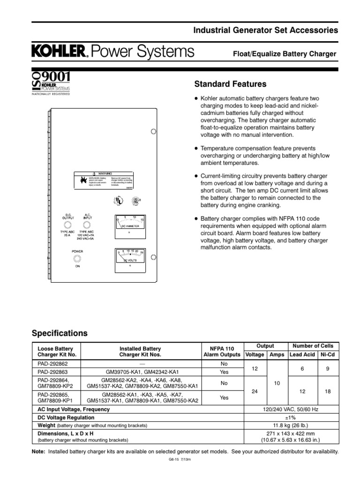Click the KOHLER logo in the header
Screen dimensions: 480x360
point(59,52)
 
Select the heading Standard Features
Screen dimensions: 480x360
point(230,84)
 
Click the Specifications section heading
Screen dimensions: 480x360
point(60,334)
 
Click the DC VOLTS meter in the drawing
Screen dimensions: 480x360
point(130,258)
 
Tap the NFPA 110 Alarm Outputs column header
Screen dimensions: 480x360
point(224,352)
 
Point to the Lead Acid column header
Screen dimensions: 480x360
point(302,355)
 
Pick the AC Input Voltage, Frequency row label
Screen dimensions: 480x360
point(74,409)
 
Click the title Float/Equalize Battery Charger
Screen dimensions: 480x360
point(285,54)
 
